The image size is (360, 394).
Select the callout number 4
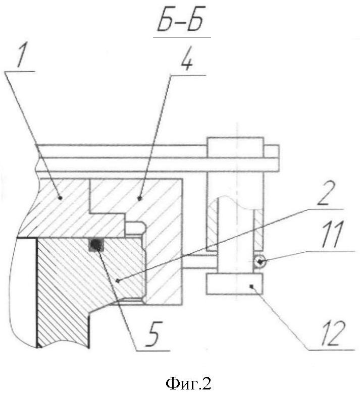point(186,61)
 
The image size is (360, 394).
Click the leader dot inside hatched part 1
point(60,198)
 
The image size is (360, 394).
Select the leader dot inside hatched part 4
point(140,198)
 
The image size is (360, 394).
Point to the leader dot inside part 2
point(118,281)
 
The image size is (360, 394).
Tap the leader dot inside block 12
point(250,286)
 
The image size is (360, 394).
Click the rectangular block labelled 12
point(234,284)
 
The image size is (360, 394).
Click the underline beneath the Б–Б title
point(182,38)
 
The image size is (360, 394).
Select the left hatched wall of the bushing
point(213,226)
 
